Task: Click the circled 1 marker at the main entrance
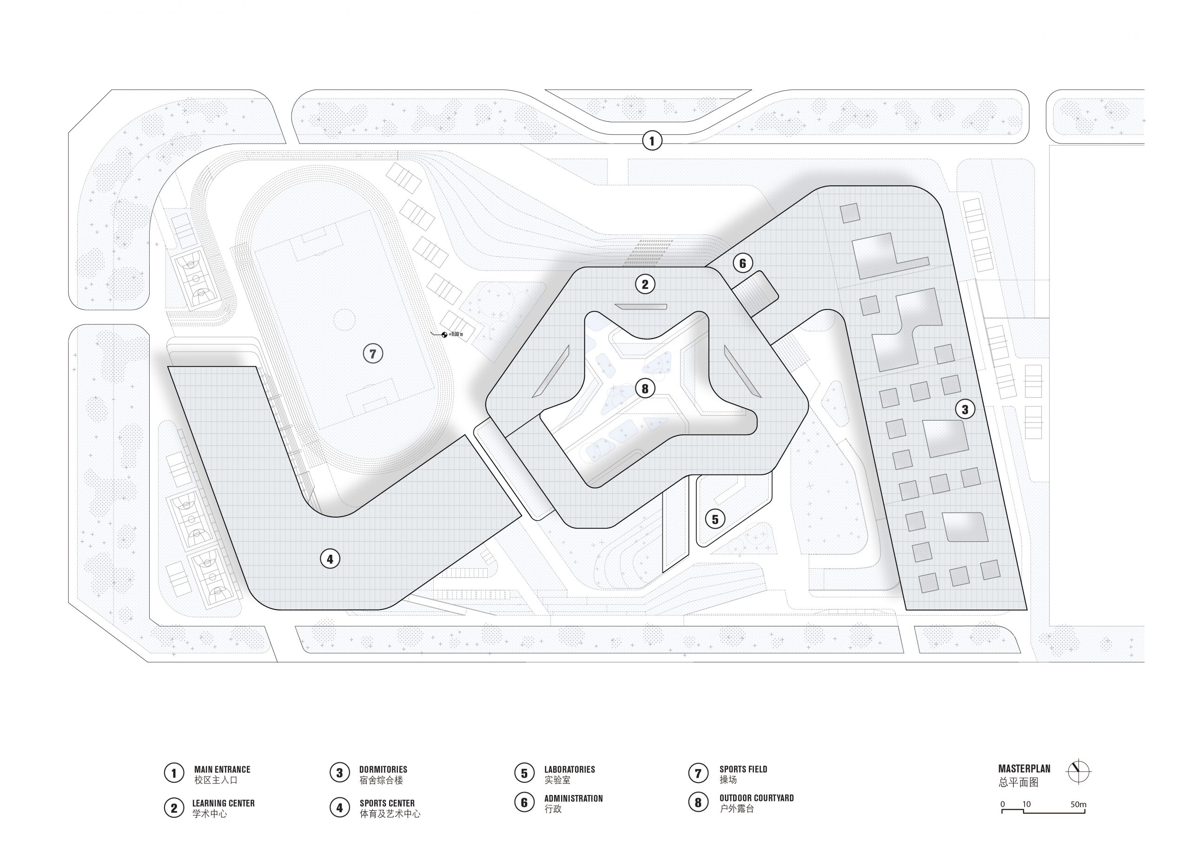tap(652, 140)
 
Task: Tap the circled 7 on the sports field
tap(373, 354)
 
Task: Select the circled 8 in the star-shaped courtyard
tap(645, 388)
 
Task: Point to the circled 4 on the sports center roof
tap(330, 558)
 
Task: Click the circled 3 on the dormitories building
tap(965, 409)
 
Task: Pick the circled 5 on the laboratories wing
tap(715, 519)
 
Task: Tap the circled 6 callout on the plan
tap(742, 263)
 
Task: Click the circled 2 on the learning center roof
tap(645, 284)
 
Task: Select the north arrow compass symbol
tap(1078, 773)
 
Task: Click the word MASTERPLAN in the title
tap(1024, 769)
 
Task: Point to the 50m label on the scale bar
tap(1078, 805)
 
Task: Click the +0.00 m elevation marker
tap(451, 335)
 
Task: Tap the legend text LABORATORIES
tap(569, 769)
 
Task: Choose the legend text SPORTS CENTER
tap(387, 803)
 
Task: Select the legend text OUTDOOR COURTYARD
tap(756, 798)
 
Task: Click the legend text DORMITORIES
tap(383, 769)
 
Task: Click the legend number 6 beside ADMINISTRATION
tap(524, 802)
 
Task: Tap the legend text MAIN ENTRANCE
tap(222, 769)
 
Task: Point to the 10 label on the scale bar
tap(1026, 805)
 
